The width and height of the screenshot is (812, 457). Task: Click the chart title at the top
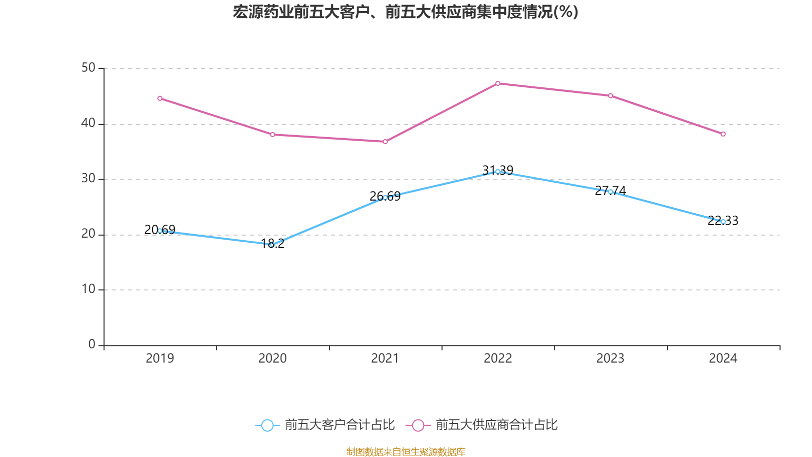click(x=405, y=12)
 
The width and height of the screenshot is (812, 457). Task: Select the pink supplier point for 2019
click(x=160, y=99)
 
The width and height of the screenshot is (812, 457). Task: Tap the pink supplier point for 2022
click(x=498, y=83)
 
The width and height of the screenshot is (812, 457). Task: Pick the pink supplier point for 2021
click(x=385, y=142)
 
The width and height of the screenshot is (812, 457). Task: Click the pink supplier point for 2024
click(x=723, y=134)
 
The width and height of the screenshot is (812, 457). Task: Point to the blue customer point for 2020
click(x=272, y=245)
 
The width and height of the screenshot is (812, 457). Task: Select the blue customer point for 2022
click(x=498, y=172)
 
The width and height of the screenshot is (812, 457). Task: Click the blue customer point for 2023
click(x=611, y=191)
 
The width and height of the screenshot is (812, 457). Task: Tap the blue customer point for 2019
click(x=160, y=231)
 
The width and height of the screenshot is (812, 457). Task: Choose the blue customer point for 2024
click(x=723, y=221)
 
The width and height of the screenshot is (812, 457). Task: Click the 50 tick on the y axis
click(x=88, y=68)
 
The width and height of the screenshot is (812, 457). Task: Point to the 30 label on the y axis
click(x=88, y=179)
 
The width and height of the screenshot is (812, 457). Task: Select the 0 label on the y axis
click(x=92, y=345)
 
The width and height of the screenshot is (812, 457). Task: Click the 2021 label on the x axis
click(x=385, y=358)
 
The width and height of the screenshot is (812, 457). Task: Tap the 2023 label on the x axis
click(x=611, y=358)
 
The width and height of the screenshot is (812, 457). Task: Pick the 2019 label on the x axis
click(x=160, y=358)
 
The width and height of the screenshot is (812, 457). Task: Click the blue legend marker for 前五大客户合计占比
click(x=267, y=425)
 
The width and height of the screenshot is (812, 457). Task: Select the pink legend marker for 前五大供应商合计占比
click(x=418, y=425)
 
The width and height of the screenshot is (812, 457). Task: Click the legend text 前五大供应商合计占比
click(x=496, y=425)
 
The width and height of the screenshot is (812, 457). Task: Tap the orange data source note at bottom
click(x=405, y=451)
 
